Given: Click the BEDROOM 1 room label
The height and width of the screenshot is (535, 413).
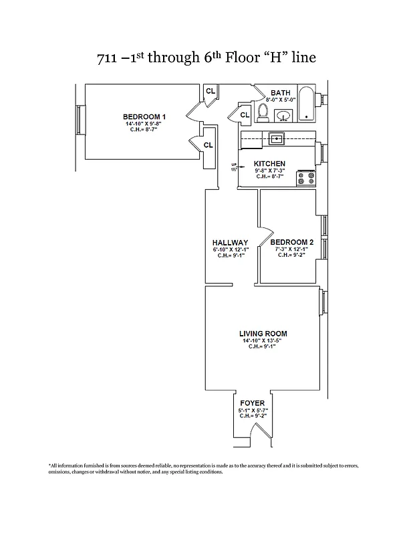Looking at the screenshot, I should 144,117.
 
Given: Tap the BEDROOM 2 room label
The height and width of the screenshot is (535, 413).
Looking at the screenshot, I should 292,242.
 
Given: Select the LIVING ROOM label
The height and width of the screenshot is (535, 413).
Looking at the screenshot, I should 263,333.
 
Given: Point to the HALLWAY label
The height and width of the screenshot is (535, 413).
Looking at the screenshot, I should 230,243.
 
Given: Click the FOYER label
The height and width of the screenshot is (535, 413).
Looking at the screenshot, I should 253,403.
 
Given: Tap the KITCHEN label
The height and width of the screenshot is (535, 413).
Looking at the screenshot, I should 270,164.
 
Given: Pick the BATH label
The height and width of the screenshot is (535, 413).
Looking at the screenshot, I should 280,93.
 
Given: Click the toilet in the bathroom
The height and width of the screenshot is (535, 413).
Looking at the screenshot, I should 263,113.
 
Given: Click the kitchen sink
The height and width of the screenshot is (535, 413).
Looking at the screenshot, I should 276,139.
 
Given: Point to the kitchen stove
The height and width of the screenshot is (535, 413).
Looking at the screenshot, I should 307,178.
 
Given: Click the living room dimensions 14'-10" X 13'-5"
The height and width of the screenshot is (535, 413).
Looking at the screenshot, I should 263,340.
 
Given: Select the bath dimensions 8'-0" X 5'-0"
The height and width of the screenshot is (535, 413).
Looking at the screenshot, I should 281,100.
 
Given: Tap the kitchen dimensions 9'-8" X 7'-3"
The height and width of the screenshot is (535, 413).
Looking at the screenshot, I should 270,171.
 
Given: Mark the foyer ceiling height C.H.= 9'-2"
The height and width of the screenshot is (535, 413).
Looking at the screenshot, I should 253,416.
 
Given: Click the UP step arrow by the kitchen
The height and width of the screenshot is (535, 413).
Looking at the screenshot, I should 234,166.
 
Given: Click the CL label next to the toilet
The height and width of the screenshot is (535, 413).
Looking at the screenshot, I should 244,115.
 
